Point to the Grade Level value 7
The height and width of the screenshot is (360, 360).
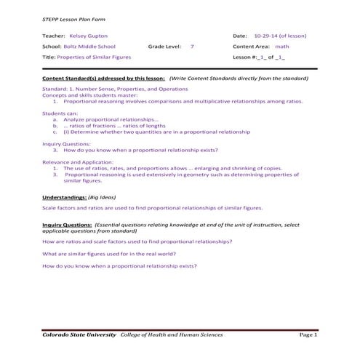[x=192, y=46]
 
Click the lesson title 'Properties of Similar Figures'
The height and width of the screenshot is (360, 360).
[x=97, y=56]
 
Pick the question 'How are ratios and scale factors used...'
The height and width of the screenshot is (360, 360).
[x=137, y=241]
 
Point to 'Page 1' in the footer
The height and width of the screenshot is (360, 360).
[x=308, y=335]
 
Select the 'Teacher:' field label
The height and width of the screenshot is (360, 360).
[x=54, y=35]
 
